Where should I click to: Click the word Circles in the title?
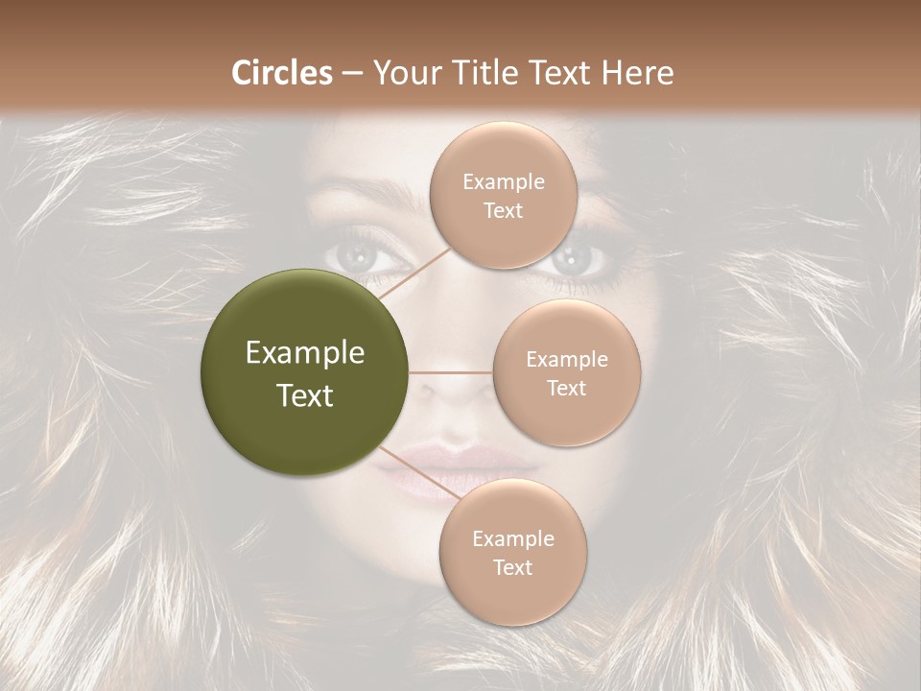pyautogui.click(x=282, y=73)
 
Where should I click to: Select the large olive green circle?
pyautogui.click(x=305, y=372)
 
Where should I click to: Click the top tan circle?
pyautogui.click(x=503, y=196)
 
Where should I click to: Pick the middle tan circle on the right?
pyautogui.click(x=566, y=373)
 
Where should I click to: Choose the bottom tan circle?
pyautogui.click(x=512, y=553)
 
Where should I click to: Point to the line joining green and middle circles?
pyautogui.click(x=450, y=372)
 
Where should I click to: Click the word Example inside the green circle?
pyautogui.click(x=305, y=352)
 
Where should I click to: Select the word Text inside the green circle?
pyautogui.click(x=305, y=394)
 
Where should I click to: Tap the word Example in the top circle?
pyautogui.click(x=503, y=182)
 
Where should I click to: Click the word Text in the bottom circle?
pyautogui.click(x=512, y=567)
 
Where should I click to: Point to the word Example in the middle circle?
pyautogui.click(x=566, y=360)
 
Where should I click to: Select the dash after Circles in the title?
pyautogui.click(x=352, y=74)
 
